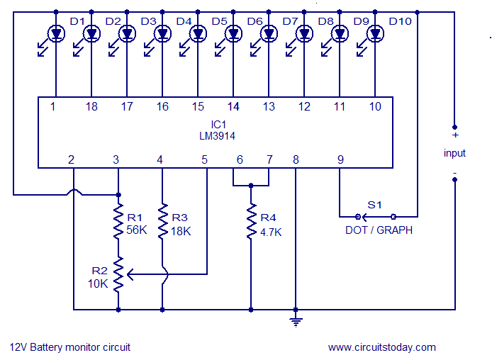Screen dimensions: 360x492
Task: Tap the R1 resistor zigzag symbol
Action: [x=118, y=223]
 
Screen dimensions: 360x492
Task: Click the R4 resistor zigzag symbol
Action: [x=250, y=223]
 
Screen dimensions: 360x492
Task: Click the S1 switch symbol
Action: [x=376, y=215]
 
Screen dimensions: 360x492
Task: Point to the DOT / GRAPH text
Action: [x=379, y=230]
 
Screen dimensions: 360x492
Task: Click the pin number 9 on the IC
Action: [x=340, y=160]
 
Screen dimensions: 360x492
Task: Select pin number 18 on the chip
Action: [x=91, y=106]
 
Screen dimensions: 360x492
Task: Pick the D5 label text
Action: [x=220, y=21]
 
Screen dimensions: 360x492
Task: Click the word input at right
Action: [x=454, y=153]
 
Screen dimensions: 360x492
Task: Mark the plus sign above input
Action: [x=454, y=135]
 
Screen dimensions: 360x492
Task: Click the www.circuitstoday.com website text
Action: [x=382, y=347]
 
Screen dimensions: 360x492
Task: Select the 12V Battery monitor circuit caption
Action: [x=70, y=347]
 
